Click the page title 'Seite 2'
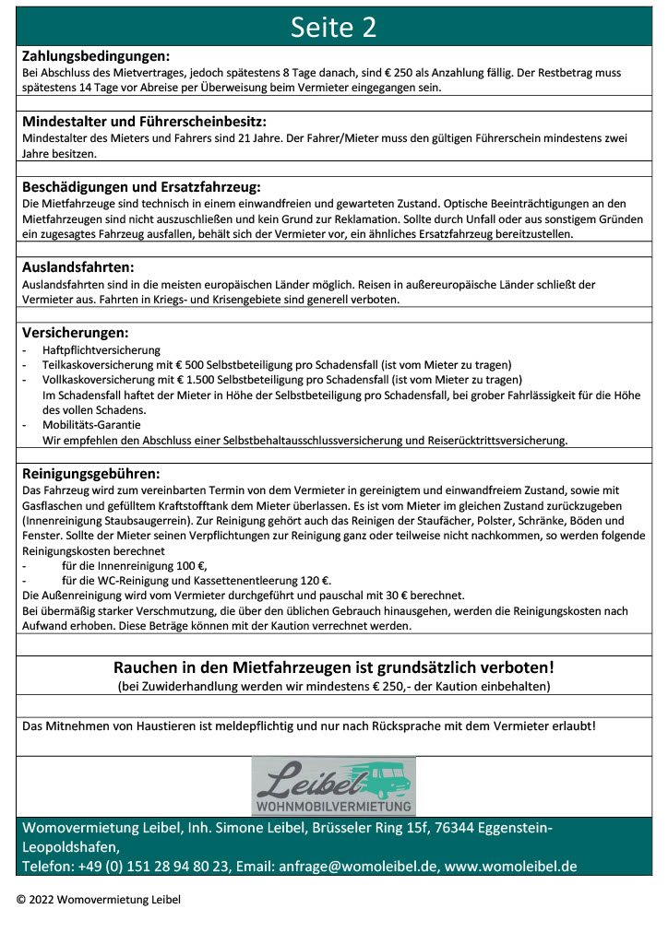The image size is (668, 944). coord(333,27)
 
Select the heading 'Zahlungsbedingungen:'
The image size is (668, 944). coord(95,55)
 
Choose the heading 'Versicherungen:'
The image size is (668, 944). coord(75,333)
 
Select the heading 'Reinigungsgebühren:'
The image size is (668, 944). coord(90,474)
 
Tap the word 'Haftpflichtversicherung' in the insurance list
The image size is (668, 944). coord(101,350)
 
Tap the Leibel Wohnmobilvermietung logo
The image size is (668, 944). coord(333,785)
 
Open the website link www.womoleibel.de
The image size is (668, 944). coord(510,866)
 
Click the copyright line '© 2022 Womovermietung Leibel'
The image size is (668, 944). coord(99,899)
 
